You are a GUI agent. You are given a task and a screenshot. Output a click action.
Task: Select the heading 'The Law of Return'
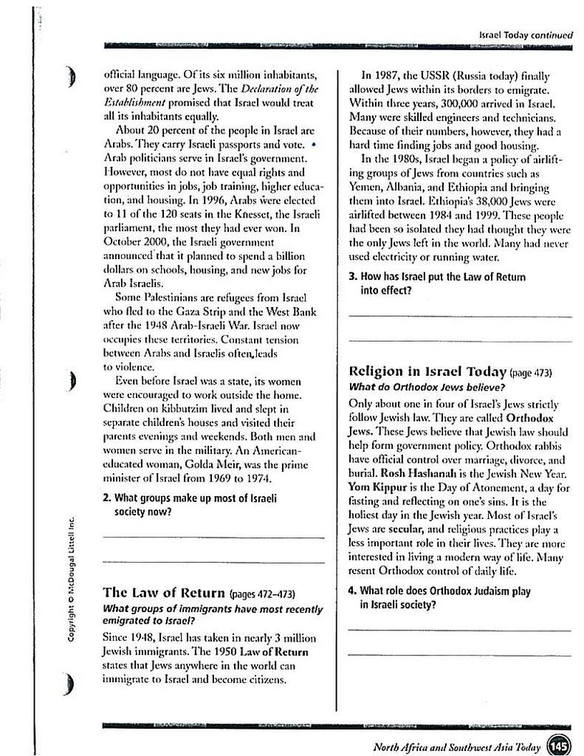[164, 592]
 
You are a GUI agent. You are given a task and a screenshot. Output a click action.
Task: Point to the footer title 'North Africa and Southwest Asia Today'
[457, 747]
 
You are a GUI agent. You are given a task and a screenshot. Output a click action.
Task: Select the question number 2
[107, 498]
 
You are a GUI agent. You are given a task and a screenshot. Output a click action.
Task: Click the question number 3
[352, 277]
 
